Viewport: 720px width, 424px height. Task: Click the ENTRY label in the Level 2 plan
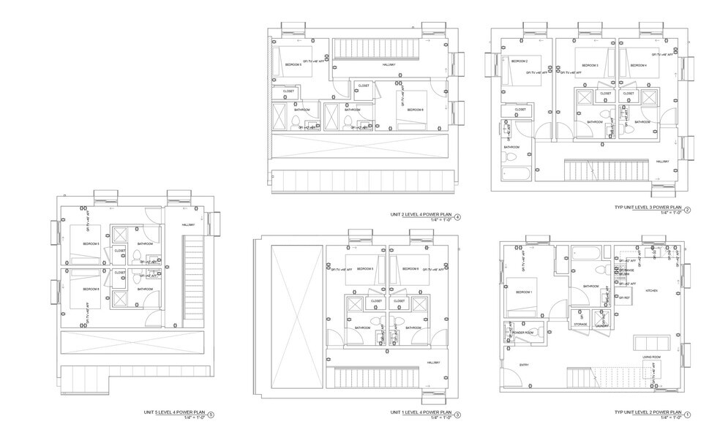525,364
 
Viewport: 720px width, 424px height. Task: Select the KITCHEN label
650,291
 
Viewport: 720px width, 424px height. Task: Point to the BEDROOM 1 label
525,292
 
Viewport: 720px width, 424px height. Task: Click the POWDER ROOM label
524,331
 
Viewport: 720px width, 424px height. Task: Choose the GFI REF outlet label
624,298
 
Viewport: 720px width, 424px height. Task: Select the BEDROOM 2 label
520,61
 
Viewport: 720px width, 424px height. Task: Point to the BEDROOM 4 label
639,66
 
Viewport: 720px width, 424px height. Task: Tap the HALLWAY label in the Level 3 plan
663,162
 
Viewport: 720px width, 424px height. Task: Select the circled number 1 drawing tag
687,412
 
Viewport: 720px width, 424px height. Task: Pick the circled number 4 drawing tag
458,216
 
